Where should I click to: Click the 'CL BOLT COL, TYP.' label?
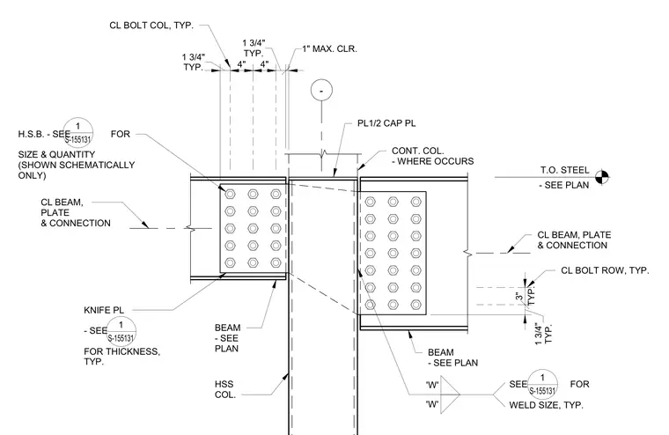pyautogui.click(x=151, y=26)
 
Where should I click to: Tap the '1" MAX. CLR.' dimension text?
pyautogui.click(x=329, y=49)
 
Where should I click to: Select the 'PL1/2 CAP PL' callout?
pyautogui.click(x=386, y=123)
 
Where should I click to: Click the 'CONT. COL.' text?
pyautogui.click(x=418, y=151)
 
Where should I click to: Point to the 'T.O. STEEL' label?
pyautogui.click(x=564, y=170)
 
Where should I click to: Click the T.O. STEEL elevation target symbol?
pyautogui.click(x=602, y=176)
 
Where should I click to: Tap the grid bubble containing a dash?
pyautogui.click(x=321, y=91)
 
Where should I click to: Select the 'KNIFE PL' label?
pyautogui.click(x=104, y=310)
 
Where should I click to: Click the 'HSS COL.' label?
pyautogui.click(x=224, y=389)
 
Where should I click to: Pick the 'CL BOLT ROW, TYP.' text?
pyautogui.click(x=605, y=270)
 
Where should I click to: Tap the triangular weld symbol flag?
pyautogui.click(x=450, y=394)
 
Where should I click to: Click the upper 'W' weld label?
pyautogui.click(x=432, y=385)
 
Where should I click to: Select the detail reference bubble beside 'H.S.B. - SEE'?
pyautogui.click(x=78, y=133)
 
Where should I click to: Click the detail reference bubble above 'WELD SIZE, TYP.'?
pyautogui.click(x=542, y=384)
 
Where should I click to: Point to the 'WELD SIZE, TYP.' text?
pyautogui.click(x=546, y=405)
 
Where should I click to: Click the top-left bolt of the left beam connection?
pyautogui.click(x=231, y=195)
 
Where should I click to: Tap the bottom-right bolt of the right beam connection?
pyautogui.click(x=416, y=305)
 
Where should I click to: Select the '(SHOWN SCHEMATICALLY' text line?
pyautogui.click(x=77, y=166)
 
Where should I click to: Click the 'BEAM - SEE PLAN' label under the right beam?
pyautogui.click(x=452, y=358)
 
